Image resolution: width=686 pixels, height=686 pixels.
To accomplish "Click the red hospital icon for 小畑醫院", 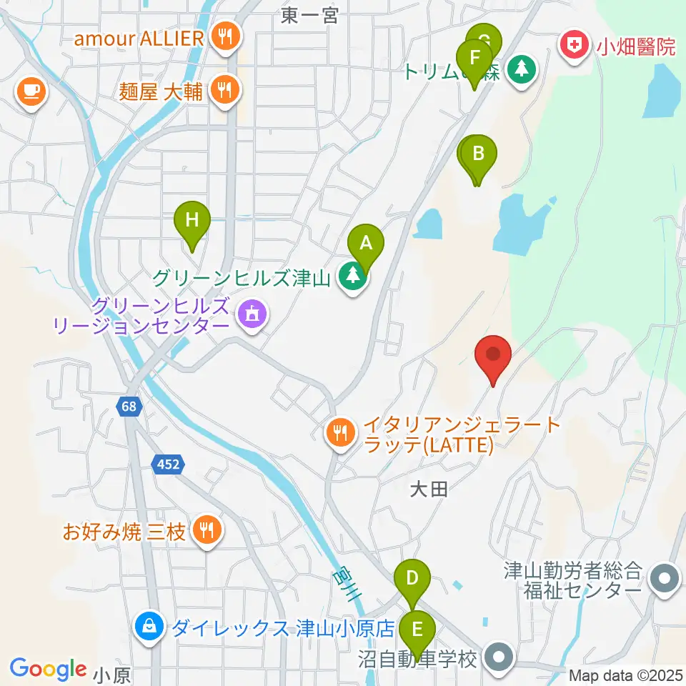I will tap(573, 47).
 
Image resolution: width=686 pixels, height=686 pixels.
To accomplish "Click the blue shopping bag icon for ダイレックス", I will tap(149, 627).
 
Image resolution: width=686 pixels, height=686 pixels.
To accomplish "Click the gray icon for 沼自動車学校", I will tap(498, 657).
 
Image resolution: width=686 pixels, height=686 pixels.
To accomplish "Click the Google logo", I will tap(48, 668).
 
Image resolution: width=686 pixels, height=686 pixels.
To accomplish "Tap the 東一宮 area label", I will tap(309, 16).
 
